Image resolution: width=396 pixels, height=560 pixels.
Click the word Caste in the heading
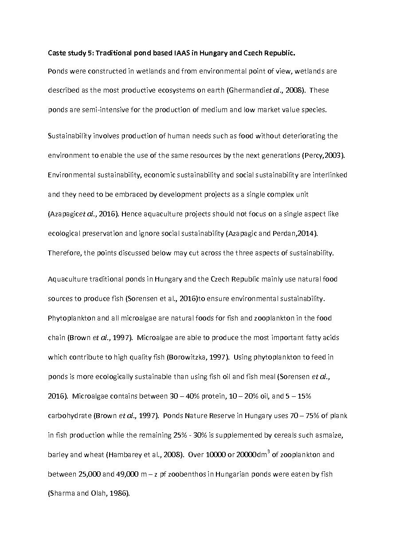(x=57, y=53)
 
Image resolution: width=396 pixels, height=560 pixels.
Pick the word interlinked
(x=329, y=175)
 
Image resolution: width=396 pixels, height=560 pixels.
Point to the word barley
(x=57, y=454)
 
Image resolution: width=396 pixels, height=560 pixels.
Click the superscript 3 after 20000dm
(x=268, y=451)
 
